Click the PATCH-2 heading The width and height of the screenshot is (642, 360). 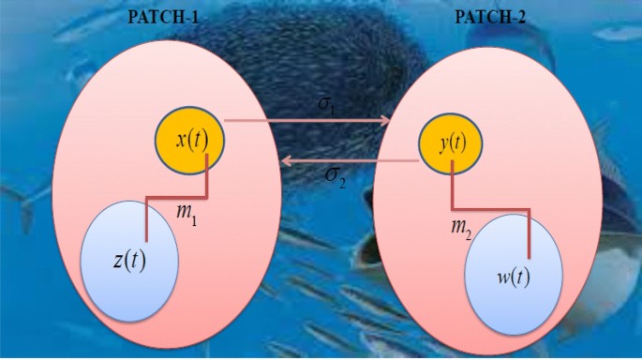486,17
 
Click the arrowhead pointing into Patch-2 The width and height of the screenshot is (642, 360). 384,120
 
